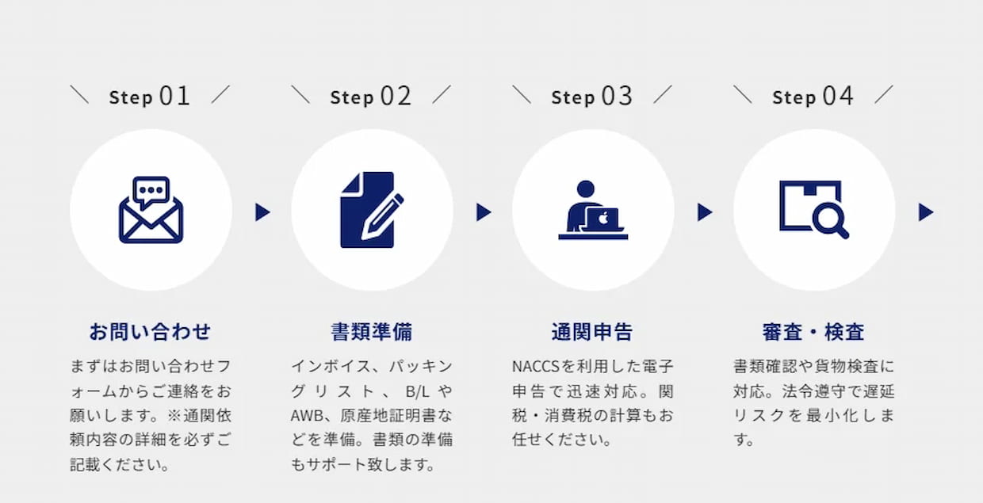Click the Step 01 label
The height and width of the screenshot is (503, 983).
pos(150,96)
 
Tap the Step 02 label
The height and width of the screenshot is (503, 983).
pos(371,96)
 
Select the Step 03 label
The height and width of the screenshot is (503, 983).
pos(592,96)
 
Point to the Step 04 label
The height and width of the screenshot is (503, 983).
pos(813,96)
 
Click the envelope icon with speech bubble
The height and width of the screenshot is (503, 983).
pos(151,210)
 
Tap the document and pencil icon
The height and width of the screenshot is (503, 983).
pos(372,210)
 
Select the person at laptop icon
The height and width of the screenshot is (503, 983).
pos(593,210)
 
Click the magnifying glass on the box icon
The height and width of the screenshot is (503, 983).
pos(830,219)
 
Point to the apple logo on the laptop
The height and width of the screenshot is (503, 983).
pos(603,218)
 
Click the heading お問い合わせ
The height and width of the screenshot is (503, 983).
pos(150,332)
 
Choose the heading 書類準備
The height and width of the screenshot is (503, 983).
pos(372,332)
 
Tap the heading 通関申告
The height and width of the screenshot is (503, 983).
pos(592,332)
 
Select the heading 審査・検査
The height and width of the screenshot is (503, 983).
pos(813,332)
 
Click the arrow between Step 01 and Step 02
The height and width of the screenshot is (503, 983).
pos(262,212)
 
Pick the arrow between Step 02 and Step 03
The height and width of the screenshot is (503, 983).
pos(484,212)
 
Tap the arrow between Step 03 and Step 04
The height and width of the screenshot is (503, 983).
pos(705,212)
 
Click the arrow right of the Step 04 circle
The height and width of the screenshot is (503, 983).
pos(926,212)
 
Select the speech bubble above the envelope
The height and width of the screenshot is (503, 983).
pos(151,192)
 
